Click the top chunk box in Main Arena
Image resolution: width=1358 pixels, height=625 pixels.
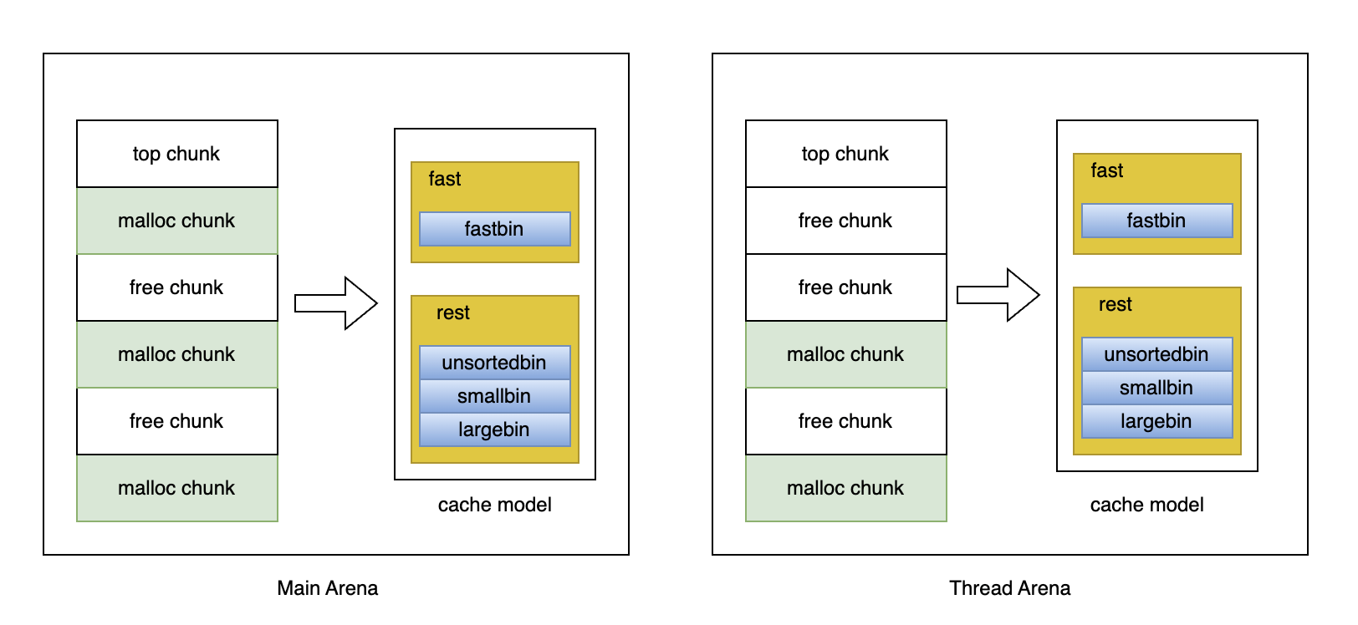pyautogui.click(x=177, y=154)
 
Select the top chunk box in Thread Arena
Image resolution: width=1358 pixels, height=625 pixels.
pyautogui.click(x=845, y=154)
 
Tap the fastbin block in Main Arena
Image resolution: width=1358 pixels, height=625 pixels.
pyautogui.click(x=495, y=229)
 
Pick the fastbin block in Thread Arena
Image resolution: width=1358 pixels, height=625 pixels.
pyautogui.click(x=1156, y=221)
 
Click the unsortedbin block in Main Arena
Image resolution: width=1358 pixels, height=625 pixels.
pyautogui.click(x=495, y=362)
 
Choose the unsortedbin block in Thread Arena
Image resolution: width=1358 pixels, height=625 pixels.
pyautogui.click(x=1156, y=354)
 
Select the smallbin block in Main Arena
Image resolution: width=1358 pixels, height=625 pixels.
pyautogui.click(x=495, y=396)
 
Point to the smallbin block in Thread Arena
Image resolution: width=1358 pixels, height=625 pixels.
pyautogui.click(x=1156, y=388)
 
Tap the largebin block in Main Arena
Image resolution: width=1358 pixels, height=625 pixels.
pyautogui.click(x=495, y=429)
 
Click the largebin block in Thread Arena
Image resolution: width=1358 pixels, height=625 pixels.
pyautogui.click(x=1156, y=421)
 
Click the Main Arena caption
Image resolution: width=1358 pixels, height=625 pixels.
pyautogui.click(x=328, y=588)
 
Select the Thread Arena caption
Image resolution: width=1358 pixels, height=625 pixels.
pyautogui.click(x=1010, y=588)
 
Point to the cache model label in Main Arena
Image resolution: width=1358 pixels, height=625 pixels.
pyautogui.click(x=495, y=505)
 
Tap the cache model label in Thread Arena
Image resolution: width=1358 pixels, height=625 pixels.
pyautogui.click(x=1147, y=505)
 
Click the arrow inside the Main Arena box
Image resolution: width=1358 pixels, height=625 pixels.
pyautogui.click(x=336, y=303)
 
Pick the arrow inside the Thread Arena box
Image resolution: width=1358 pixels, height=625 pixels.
pyautogui.click(x=998, y=295)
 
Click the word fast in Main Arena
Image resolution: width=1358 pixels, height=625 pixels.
pyautogui.click(x=444, y=179)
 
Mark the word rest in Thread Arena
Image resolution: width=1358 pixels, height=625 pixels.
pyautogui.click(x=1115, y=304)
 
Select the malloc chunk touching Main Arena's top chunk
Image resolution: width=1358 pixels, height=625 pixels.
pyautogui.click(x=177, y=221)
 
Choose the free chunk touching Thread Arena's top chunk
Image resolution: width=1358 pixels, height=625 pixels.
pyautogui.click(x=845, y=221)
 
